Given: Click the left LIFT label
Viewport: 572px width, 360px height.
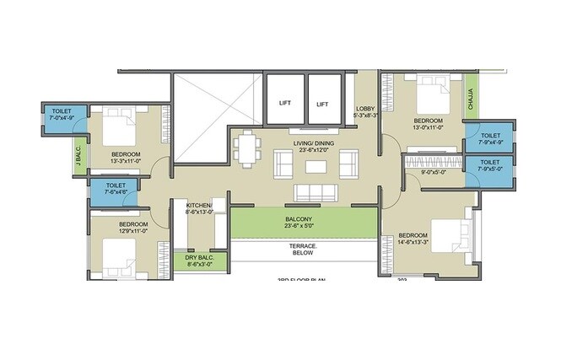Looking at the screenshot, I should (285, 104).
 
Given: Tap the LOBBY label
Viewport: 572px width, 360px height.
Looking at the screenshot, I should (365, 111).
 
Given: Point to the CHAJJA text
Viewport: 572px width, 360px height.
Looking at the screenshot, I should (471, 101).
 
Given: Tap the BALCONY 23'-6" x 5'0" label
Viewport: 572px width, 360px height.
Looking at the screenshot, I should (299, 223).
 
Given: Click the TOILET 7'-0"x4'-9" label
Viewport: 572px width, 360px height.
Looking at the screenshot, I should (62, 114).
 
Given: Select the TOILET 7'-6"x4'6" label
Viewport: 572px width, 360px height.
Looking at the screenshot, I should (116, 189).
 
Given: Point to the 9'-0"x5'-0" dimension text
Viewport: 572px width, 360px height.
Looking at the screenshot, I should (434, 173).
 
